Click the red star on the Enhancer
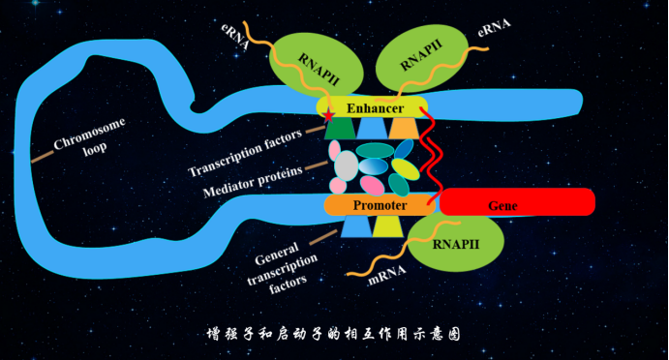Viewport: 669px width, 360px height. point(328,115)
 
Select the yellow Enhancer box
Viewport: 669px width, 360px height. point(372,107)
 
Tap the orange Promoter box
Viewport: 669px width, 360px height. point(380,205)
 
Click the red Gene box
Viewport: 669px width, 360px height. point(517,201)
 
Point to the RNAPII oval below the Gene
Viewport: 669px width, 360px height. point(456,242)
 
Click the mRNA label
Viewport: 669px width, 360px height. point(387,275)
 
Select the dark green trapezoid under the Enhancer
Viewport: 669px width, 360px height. point(340,128)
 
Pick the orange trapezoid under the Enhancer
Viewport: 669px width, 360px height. point(404,128)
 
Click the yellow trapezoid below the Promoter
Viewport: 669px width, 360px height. point(388,226)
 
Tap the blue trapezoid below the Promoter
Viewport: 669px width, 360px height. point(356,226)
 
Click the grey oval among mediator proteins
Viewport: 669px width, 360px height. point(347,165)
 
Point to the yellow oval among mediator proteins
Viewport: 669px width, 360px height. point(406,169)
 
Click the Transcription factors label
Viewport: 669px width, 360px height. point(245,152)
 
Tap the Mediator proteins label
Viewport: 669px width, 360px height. point(253,182)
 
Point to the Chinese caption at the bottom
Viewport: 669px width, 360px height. point(334,334)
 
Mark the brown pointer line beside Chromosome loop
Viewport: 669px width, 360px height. point(43,157)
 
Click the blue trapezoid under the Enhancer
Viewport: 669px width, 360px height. point(372,128)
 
